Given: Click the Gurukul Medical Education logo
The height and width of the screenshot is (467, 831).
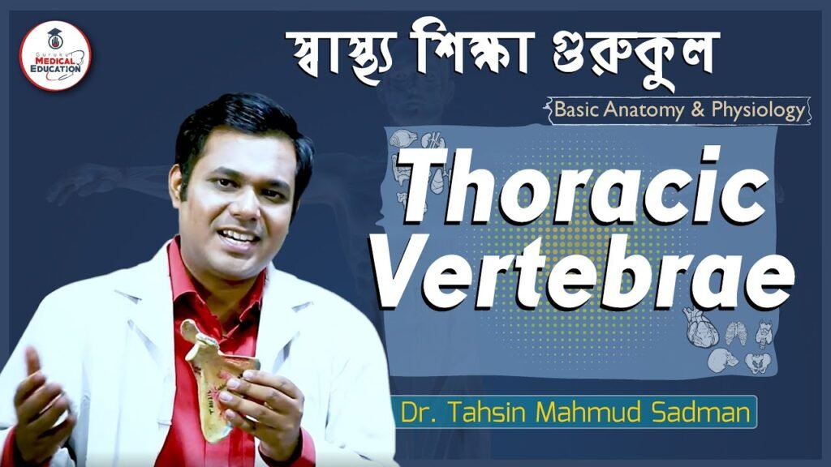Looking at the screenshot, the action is (x=55, y=56).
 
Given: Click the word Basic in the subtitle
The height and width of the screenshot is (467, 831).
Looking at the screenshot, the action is (x=576, y=109).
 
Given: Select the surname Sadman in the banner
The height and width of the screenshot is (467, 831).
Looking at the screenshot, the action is (x=700, y=412).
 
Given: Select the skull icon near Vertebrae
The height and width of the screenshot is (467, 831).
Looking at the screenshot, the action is (x=721, y=359).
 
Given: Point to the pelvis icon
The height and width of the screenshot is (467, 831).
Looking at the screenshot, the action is (x=757, y=362).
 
